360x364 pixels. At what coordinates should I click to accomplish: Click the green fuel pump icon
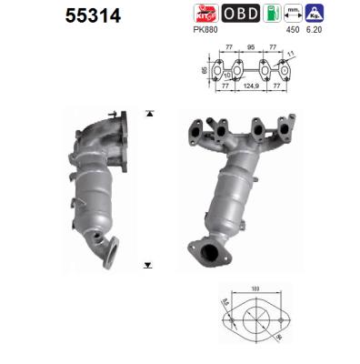coord(270,12)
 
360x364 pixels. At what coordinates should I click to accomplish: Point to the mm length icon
coord(293,12)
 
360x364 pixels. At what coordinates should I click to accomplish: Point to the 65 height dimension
coord(204,69)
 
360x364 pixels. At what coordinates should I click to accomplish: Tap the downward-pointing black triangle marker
coord(146,266)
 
